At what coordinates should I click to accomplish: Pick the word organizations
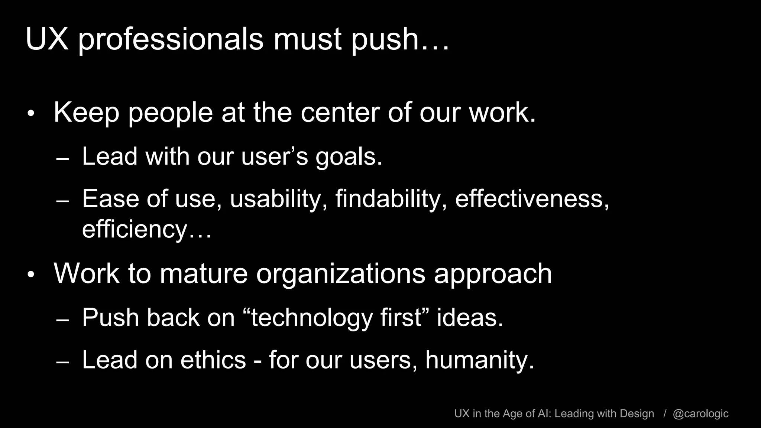[x=340, y=274]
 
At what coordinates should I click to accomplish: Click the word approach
[x=493, y=274]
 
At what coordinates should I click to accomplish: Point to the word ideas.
[x=470, y=318]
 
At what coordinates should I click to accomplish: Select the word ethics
[x=213, y=360]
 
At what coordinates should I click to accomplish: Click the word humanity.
[x=479, y=360]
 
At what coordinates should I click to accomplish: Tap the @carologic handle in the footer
[x=700, y=414]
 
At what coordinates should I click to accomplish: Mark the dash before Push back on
[x=62, y=320]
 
